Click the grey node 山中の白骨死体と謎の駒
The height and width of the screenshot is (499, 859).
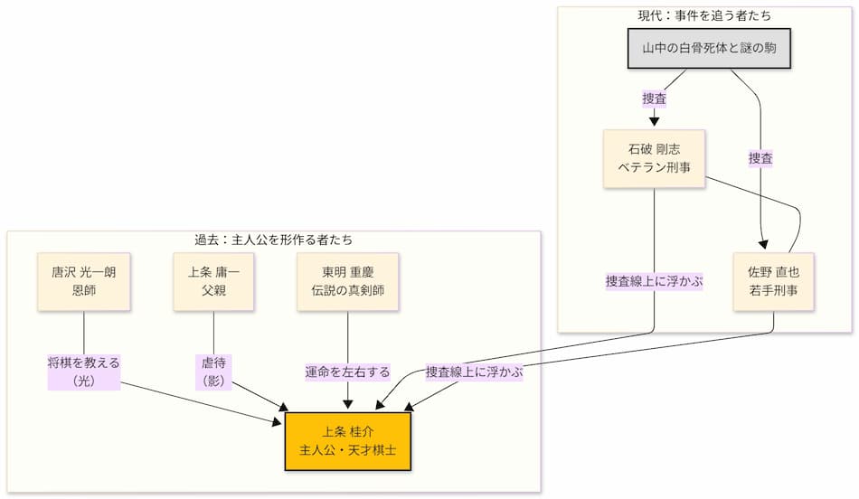[710, 49]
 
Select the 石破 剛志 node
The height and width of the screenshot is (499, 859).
[654, 158]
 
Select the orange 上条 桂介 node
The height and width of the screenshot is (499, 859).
[348, 440]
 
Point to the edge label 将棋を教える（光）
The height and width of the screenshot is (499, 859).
[84, 371]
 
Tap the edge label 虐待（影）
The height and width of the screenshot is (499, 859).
[213, 371]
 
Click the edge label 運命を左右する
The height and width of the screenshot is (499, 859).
[347, 372]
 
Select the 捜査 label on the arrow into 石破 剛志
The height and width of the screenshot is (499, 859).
[655, 98]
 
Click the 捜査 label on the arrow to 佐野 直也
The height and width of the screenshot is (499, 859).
[760, 158]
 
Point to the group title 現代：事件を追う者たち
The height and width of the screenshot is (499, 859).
[704, 16]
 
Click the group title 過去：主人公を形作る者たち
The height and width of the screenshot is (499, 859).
[274, 240]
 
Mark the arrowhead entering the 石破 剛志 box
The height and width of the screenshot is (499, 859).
[654, 122]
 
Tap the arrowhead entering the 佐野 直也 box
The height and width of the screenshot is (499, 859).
[764, 245]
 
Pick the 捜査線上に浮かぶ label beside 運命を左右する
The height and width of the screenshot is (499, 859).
[475, 372]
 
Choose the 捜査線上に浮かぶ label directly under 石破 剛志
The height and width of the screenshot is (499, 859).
[655, 281]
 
